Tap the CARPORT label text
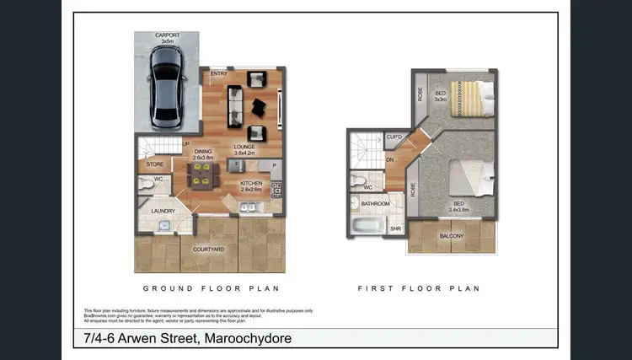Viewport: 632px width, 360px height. [166, 36]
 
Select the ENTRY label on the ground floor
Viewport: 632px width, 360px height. [219, 74]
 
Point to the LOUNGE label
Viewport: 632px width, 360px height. [244, 147]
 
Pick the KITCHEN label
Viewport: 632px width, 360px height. [252, 184]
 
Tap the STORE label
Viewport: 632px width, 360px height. [155, 164]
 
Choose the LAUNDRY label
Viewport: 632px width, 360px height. [162, 211]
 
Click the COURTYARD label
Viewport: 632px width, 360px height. [207, 250]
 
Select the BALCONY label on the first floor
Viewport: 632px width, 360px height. [451, 236]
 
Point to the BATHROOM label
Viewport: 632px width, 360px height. [375, 204]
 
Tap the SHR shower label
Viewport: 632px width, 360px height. [395, 228]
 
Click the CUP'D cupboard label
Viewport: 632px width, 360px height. [394, 137]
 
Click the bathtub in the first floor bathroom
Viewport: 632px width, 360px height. [367, 226]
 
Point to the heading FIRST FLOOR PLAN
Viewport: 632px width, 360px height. [419, 288]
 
